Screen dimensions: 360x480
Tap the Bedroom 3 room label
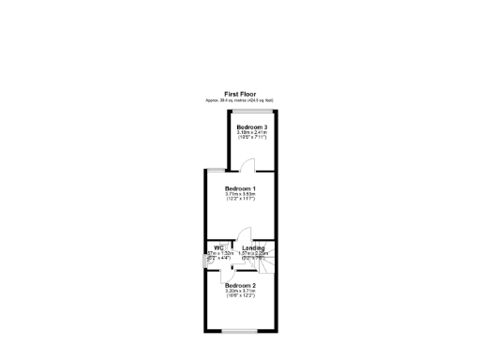coord(252,127)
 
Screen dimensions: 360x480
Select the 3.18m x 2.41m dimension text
coord(252,133)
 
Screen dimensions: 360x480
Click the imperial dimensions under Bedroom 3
coord(252,139)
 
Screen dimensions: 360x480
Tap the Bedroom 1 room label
coord(241,188)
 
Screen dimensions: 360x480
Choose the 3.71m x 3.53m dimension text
coord(241,194)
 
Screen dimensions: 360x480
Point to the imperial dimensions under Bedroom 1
coord(241,200)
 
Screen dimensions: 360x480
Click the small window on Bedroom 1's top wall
coord(216,170)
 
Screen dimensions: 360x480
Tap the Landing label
coord(253,247)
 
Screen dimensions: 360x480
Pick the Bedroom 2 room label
coord(241,285)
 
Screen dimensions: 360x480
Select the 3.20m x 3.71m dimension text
coord(241,291)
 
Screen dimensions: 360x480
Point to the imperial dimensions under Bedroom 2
coord(241,296)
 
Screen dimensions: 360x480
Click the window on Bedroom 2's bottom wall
coord(238,330)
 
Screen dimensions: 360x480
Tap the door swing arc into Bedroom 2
coord(229,277)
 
